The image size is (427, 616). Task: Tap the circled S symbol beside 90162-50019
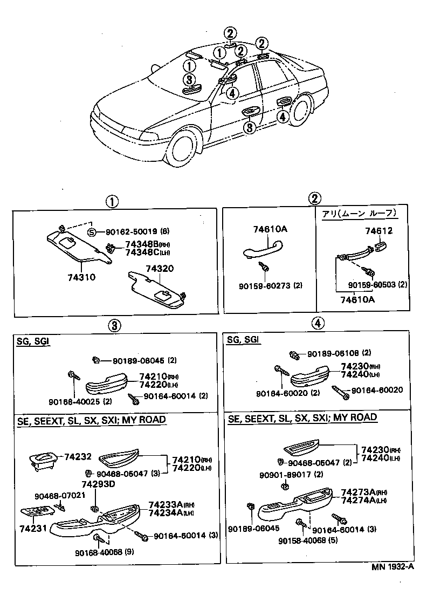tap(92, 232)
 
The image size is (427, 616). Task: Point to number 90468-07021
tap(60, 495)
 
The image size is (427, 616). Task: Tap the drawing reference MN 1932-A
tap(392, 566)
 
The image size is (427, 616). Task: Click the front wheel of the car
tap(184, 149)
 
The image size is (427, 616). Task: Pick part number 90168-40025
tap(74, 401)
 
